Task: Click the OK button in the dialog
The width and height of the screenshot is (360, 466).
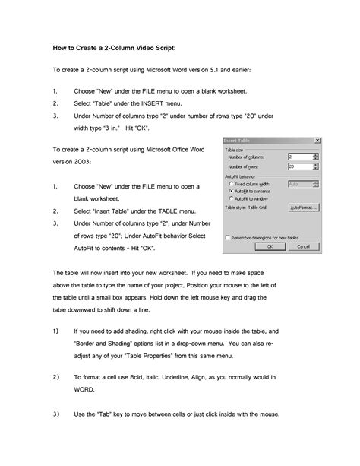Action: tap(269, 246)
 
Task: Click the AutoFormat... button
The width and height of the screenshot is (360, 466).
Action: tap(303, 207)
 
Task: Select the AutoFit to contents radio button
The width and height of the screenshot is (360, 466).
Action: tap(231, 190)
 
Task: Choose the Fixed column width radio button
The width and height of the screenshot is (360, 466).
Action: tap(231, 183)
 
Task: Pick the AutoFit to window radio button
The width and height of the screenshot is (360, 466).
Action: tap(231, 198)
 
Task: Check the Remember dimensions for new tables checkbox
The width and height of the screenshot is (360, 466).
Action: tap(229, 237)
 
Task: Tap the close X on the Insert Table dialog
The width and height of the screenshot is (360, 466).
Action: tap(316, 140)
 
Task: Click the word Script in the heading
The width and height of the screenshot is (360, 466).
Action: tap(163, 47)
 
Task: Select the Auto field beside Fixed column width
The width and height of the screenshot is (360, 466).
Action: tap(299, 183)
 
